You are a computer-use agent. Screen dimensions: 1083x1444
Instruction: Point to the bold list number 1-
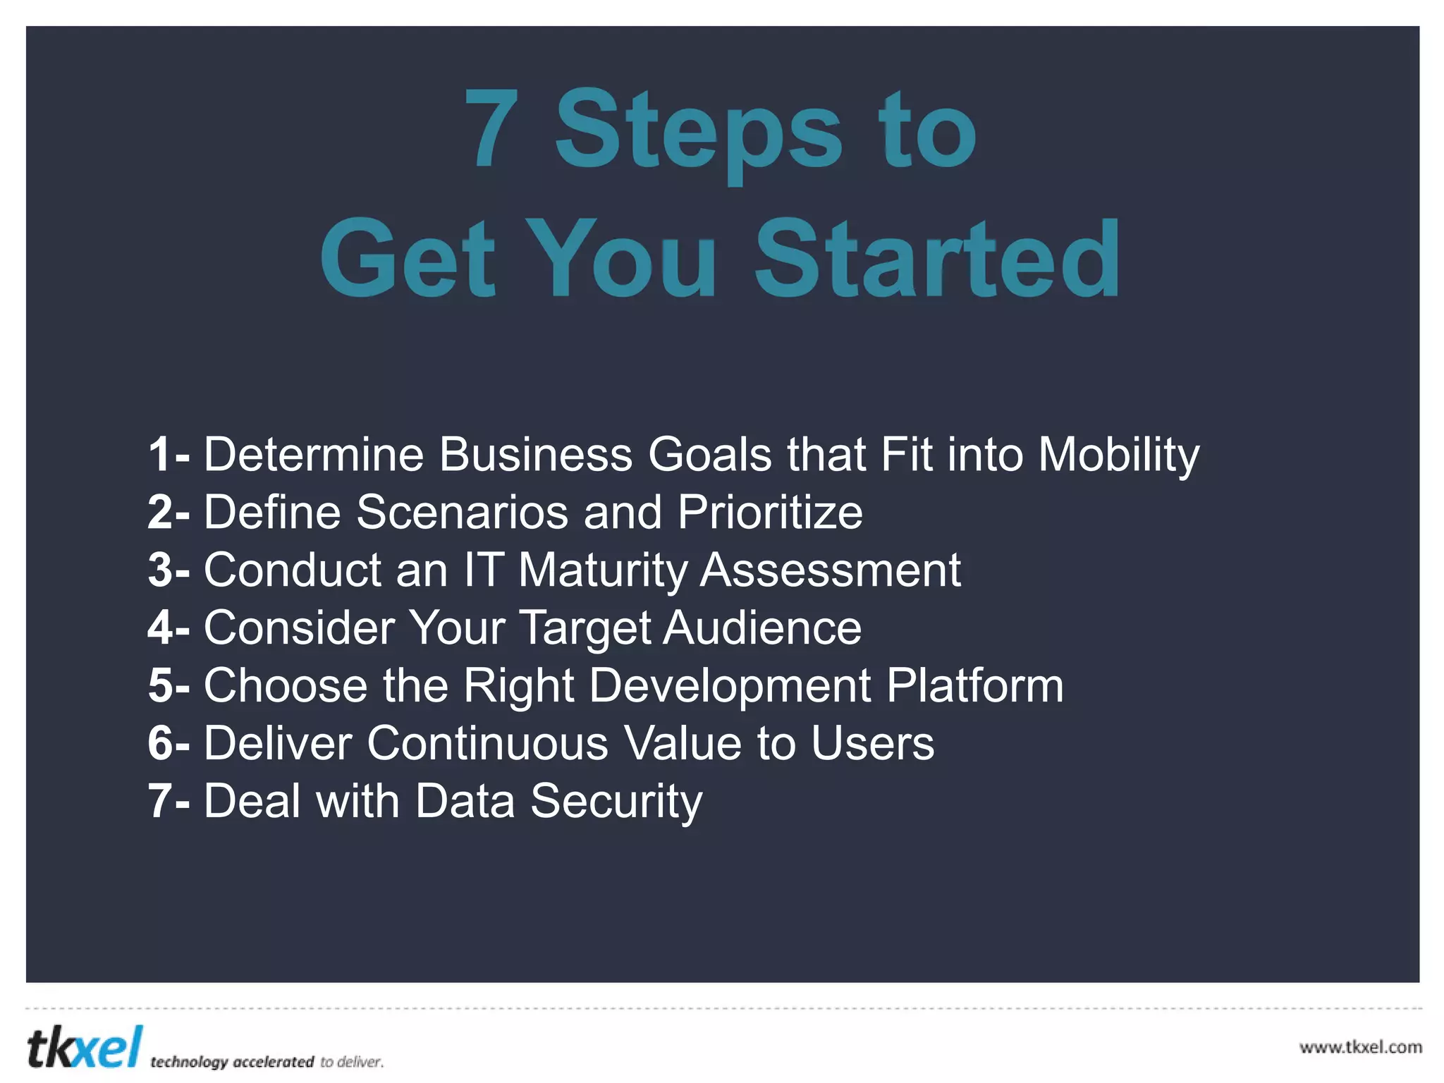[x=168, y=454]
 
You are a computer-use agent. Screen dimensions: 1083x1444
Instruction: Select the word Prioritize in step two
[x=770, y=513]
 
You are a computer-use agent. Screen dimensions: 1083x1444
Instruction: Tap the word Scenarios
[x=462, y=513]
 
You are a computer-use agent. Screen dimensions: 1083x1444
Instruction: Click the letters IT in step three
[x=484, y=570]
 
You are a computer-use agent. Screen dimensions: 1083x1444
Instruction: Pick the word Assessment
[x=830, y=570]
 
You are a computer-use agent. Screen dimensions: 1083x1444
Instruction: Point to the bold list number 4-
[x=168, y=628]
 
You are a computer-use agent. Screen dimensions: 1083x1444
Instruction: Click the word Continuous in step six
[x=487, y=743]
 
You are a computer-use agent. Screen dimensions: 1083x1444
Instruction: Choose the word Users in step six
[x=872, y=743]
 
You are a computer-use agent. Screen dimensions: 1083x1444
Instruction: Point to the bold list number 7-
[x=168, y=801]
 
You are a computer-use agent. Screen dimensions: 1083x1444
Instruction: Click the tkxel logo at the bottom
[x=85, y=1047]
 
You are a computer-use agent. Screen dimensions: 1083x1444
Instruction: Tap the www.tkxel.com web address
[x=1360, y=1047]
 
